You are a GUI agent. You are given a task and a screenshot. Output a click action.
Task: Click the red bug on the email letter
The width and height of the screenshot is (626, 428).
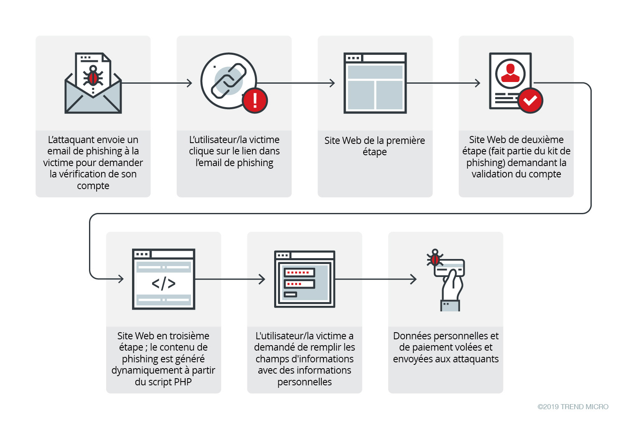93,77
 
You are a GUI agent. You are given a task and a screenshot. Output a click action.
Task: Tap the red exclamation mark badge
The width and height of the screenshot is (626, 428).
254,100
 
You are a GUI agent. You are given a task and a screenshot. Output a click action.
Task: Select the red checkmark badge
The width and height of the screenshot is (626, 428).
530,100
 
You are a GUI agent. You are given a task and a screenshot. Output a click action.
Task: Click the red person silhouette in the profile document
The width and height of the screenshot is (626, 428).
510,73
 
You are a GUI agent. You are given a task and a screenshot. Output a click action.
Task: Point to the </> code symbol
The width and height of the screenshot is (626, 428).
163,283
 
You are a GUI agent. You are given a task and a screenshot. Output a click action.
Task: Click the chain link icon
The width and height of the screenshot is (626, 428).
229,81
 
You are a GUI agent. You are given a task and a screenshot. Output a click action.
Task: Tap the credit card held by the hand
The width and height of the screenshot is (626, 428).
450,268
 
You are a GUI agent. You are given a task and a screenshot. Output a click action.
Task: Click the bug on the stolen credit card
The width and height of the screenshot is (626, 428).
435,259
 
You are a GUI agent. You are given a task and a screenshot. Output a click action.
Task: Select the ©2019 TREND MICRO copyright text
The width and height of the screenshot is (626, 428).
573,407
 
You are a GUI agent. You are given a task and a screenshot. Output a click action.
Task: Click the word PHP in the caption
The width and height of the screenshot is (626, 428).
183,382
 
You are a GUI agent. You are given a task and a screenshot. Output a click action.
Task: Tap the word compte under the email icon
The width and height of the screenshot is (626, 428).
93,186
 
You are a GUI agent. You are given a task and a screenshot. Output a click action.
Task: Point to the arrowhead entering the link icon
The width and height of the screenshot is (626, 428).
189,83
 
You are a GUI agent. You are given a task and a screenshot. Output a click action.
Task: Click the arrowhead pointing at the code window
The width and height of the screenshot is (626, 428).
121,279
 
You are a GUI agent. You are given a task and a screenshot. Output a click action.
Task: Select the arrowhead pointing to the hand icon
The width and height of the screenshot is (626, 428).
413,279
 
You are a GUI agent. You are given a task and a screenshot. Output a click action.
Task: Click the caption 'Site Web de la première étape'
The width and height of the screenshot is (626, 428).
374,146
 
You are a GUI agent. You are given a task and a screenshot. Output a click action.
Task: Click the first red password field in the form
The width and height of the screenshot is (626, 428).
299,273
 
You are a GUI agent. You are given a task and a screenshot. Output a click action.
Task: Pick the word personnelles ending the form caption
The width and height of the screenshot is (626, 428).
304,382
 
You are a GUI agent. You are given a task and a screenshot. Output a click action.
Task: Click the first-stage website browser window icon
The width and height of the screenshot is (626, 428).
375,83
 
